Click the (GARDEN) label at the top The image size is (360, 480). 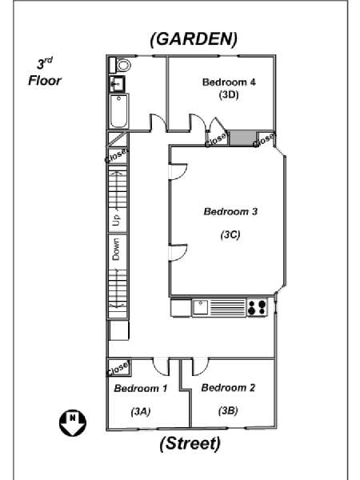[x=194, y=39]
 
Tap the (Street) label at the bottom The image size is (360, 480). [x=190, y=443]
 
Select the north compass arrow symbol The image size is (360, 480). [x=73, y=423]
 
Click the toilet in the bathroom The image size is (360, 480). [x=120, y=65]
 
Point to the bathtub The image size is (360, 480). [x=118, y=111]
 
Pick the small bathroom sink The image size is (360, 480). [x=117, y=83]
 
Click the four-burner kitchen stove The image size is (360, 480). [x=257, y=307]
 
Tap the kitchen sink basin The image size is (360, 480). [x=200, y=307]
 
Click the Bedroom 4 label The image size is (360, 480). [x=229, y=82]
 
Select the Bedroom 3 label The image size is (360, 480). [x=230, y=211]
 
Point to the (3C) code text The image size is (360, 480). [x=230, y=234]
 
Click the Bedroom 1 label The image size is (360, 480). [x=141, y=388]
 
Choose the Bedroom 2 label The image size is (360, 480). [x=228, y=387]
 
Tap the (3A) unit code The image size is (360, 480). [x=141, y=412]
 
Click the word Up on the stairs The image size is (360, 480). [x=117, y=220]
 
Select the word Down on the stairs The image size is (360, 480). [x=116, y=249]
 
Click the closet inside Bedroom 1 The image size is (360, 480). [x=118, y=368]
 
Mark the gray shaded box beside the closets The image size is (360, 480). [x=242, y=138]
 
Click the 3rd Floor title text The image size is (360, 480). [x=45, y=72]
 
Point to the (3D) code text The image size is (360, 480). [x=229, y=95]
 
